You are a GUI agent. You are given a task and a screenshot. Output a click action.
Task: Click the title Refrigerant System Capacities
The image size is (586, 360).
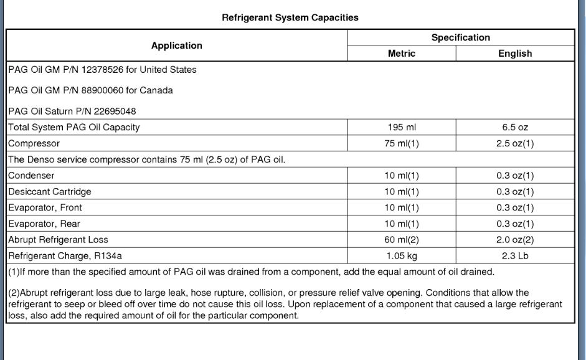(290, 18)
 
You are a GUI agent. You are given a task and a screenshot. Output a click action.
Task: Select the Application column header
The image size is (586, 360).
(177, 45)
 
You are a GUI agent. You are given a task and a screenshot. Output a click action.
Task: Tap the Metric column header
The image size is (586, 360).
(401, 54)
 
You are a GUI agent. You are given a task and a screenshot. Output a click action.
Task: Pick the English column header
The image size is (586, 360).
(515, 54)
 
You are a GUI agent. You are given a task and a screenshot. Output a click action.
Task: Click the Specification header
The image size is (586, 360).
(461, 38)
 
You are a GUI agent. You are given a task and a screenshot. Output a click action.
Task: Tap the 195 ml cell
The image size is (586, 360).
(401, 128)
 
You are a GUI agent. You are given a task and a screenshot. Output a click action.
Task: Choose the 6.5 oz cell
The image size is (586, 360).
(515, 128)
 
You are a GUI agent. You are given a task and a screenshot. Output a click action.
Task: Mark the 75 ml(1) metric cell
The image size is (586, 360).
(401, 143)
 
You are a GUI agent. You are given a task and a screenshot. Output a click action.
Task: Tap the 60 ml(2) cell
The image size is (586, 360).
(401, 239)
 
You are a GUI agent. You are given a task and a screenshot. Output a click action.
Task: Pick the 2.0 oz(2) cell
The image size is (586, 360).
(515, 239)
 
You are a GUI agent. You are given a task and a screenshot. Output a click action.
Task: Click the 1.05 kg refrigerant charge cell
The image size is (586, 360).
(401, 254)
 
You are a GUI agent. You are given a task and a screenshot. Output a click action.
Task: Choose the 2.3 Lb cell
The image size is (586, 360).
(515, 254)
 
